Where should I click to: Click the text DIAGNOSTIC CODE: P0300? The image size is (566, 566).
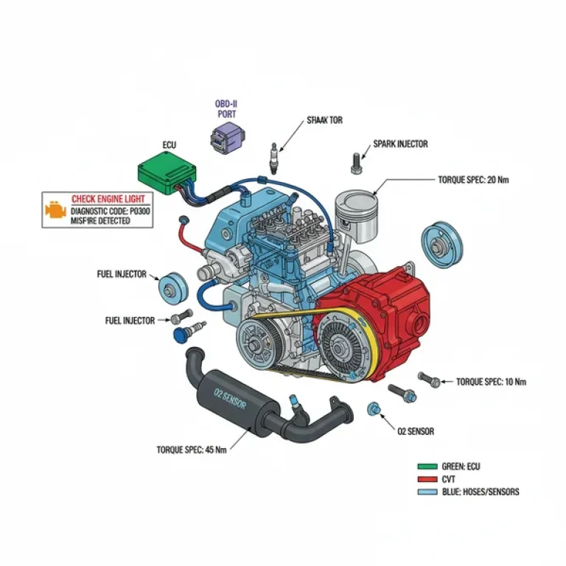coord(108,210)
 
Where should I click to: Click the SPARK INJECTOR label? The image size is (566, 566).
coord(400,144)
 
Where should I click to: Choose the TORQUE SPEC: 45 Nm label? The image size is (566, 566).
coord(191,450)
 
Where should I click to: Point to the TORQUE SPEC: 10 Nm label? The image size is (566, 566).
coord(491,382)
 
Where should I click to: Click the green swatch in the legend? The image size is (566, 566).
coord(427,467)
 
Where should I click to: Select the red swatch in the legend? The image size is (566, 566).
coord(427,479)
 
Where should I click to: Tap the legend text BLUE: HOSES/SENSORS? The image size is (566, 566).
coord(480,492)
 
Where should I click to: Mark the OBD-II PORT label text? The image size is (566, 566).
coord(226,109)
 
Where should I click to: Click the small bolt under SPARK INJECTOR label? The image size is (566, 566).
coord(357,161)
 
